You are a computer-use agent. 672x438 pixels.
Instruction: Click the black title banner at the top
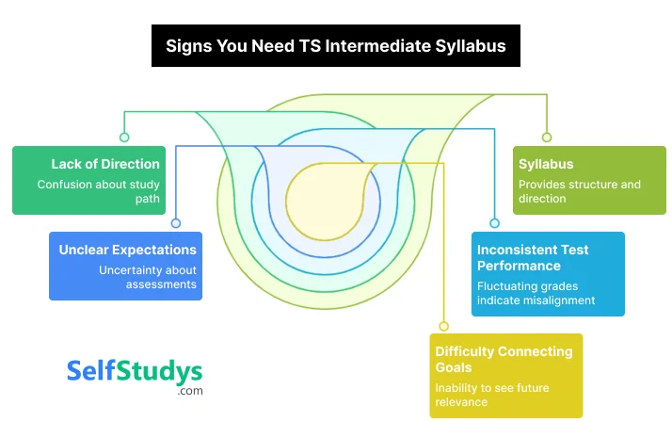click(336, 45)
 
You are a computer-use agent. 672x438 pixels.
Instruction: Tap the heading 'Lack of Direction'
click(105, 164)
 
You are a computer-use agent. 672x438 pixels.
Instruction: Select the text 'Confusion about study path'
click(98, 191)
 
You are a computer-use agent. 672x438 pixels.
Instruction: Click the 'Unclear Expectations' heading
click(127, 250)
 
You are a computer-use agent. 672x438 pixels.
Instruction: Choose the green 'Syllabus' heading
click(546, 164)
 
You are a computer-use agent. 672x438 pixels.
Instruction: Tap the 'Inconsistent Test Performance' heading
click(533, 258)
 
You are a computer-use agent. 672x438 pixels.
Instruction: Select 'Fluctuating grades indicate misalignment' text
click(536, 293)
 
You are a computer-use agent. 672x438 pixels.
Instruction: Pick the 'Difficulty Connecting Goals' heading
click(504, 359)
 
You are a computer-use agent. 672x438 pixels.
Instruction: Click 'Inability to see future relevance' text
click(492, 395)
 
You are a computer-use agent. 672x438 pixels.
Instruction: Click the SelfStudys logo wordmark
click(135, 370)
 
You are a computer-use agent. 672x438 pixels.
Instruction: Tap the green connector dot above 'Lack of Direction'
click(124, 138)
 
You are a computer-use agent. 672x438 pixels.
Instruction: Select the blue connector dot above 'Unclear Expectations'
click(175, 223)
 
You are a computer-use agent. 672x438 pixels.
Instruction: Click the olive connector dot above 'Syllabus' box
click(547, 138)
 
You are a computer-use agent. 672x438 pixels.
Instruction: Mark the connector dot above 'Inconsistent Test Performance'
click(495, 223)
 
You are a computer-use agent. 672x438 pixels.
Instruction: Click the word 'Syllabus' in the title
click(466, 45)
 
